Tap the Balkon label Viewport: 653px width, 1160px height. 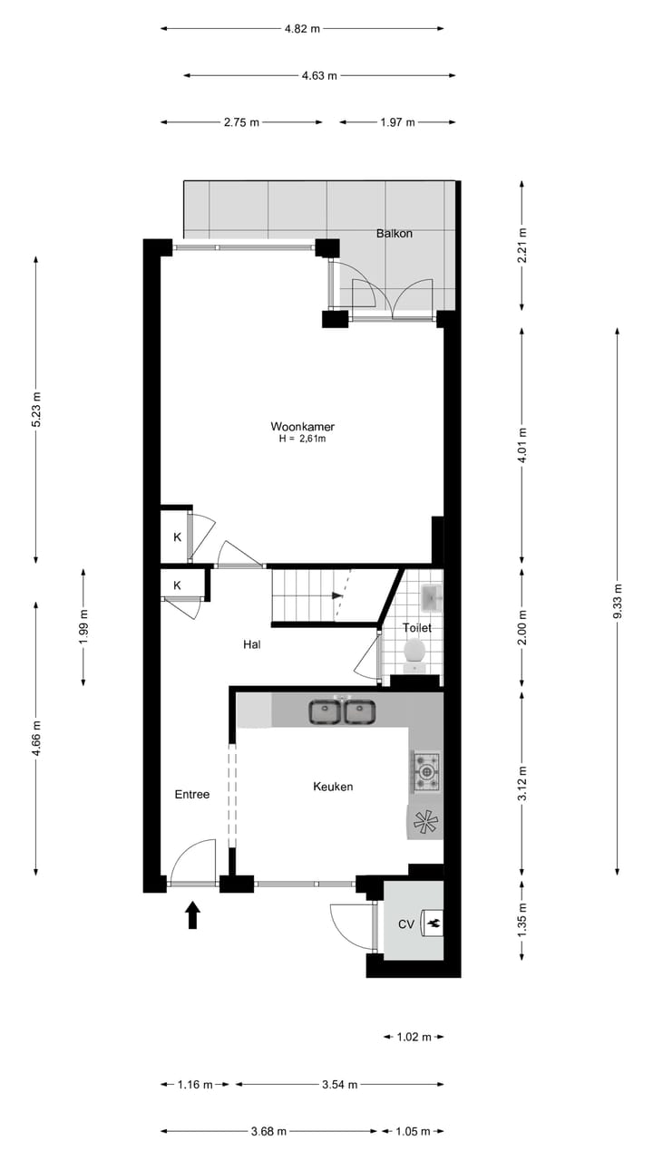pyautogui.click(x=395, y=233)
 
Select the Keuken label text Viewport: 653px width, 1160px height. pyautogui.click(x=333, y=787)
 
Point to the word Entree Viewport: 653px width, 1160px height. pyautogui.click(x=192, y=795)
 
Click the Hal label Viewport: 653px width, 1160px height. pyautogui.click(x=252, y=644)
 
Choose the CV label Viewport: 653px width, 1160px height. pyautogui.click(x=406, y=924)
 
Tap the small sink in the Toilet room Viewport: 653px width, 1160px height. pyautogui.click(x=431, y=596)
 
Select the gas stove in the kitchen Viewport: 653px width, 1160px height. pyautogui.click(x=426, y=769)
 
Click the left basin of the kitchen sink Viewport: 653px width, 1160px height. pyautogui.click(x=324, y=712)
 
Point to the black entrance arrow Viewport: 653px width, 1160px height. pyautogui.click(x=192, y=914)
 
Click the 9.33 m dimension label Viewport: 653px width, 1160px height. pyautogui.click(x=618, y=601)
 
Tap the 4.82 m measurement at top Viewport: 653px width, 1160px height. pyautogui.click(x=302, y=28)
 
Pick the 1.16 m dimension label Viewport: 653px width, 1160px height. pyautogui.click(x=195, y=1084)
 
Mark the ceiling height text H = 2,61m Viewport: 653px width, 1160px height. pyautogui.click(x=302, y=440)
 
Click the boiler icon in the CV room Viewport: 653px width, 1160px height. pyautogui.click(x=434, y=923)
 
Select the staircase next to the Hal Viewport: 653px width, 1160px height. pyautogui.click(x=313, y=595)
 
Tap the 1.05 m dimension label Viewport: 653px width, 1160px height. pyautogui.click(x=412, y=1131)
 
